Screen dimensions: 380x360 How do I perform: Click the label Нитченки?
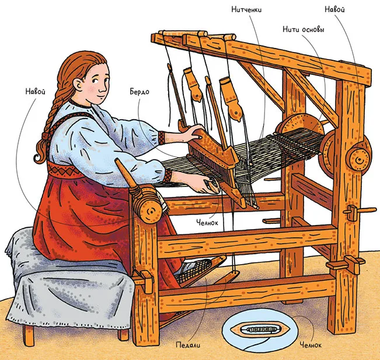(x=246, y=9)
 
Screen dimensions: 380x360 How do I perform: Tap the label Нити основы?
(x=304, y=29)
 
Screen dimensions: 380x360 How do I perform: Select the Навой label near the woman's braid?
(x=36, y=92)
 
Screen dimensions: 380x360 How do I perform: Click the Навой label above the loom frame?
(x=334, y=9)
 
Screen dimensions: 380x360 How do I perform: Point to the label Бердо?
(x=140, y=92)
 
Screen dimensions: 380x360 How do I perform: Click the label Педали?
(x=188, y=345)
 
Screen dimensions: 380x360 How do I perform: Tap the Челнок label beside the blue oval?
(x=311, y=345)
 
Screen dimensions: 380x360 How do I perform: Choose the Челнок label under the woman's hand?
(x=207, y=223)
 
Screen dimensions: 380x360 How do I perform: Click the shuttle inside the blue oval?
(x=260, y=330)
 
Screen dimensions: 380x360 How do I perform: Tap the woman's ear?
(x=78, y=84)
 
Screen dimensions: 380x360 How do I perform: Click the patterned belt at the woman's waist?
(x=63, y=170)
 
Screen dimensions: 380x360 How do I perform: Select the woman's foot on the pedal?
(x=194, y=269)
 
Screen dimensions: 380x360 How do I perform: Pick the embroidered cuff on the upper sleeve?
(x=162, y=138)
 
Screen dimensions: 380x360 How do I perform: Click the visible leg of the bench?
(x=29, y=335)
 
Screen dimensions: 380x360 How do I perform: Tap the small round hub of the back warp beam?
(x=359, y=160)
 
